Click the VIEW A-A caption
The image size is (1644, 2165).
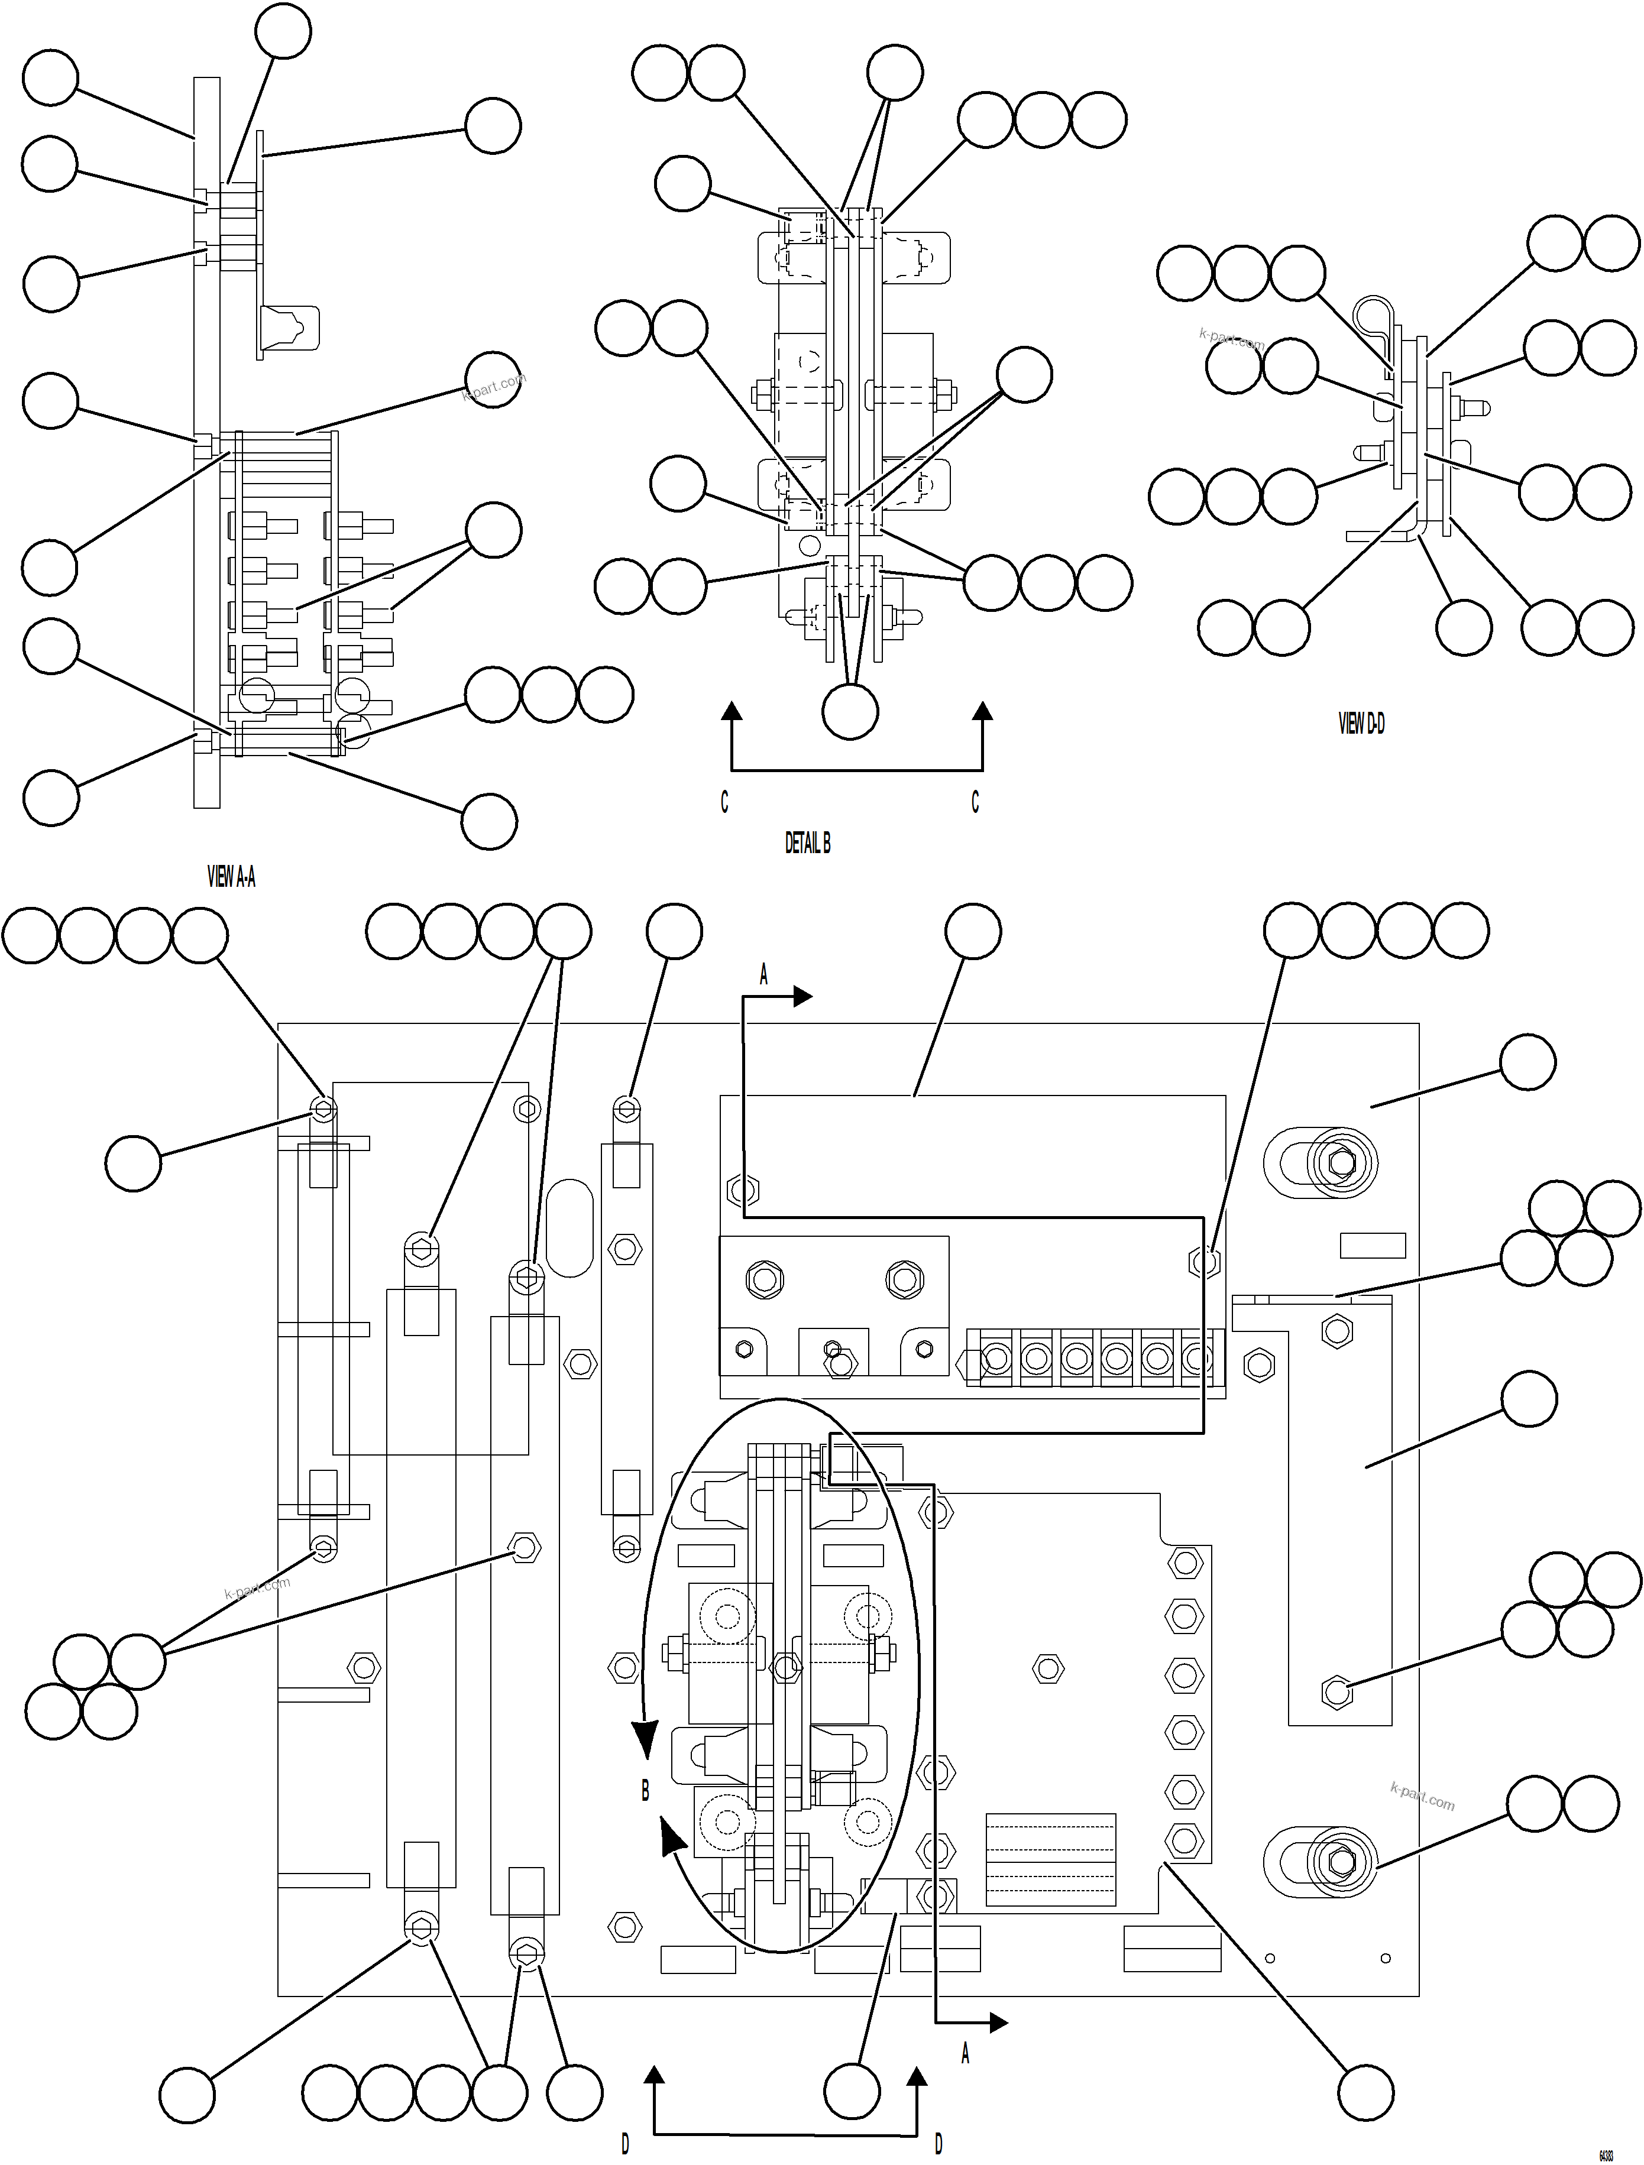point(231,877)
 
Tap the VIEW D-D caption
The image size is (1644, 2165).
point(1361,723)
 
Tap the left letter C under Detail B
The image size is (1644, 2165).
point(724,803)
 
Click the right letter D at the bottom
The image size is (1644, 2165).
point(938,2144)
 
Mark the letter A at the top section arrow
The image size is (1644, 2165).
point(763,975)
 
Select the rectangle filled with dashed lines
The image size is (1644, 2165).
point(1050,1859)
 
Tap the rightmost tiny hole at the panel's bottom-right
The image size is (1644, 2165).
point(1386,1959)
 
